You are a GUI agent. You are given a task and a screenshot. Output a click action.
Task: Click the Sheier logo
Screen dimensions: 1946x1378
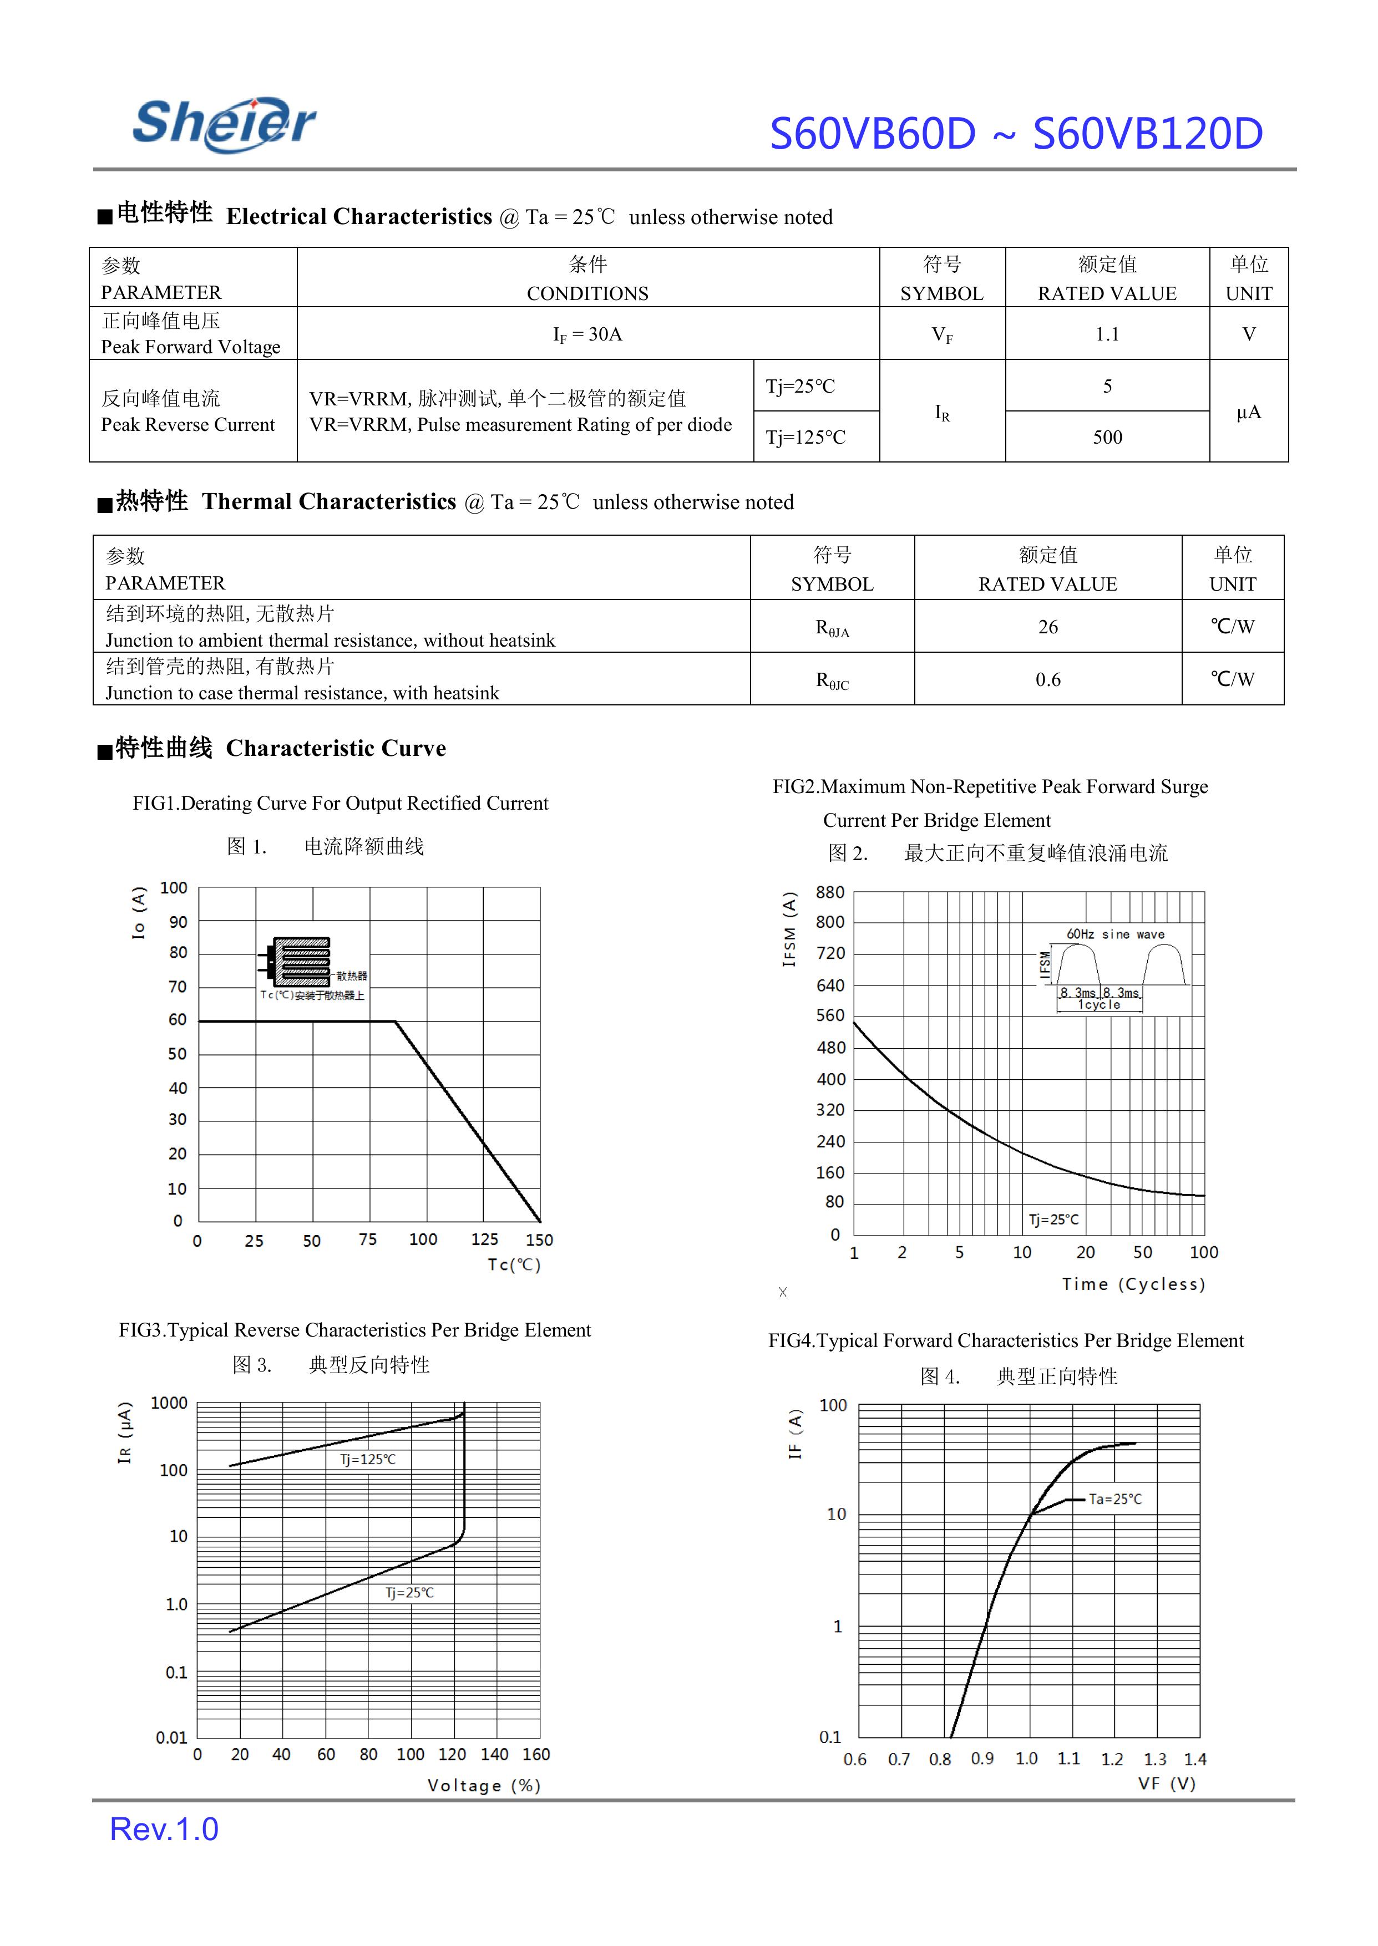pyautogui.click(x=224, y=125)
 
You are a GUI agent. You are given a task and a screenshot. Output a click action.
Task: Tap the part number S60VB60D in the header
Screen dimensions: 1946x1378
pyautogui.click(x=872, y=134)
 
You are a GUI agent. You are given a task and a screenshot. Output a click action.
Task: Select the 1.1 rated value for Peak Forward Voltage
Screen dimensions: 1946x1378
pyautogui.click(x=1107, y=334)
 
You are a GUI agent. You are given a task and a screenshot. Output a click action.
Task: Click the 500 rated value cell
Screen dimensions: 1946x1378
pyautogui.click(x=1107, y=437)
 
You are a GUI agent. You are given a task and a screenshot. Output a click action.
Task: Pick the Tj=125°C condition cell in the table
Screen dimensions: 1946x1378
pyautogui.click(x=805, y=437)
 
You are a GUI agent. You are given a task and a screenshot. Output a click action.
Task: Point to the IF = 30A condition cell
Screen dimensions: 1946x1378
pyautogui.click(x=587, y=334)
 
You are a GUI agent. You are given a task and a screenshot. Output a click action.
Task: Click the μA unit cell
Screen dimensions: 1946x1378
pyautogui.click(x=1248, y=412)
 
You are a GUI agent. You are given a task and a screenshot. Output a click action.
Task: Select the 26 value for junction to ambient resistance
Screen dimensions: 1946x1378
pyautogui.click(x=1048, y=627)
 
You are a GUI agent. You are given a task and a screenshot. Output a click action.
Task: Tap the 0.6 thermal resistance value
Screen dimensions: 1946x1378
pyautogui.click(x=1048, y=679)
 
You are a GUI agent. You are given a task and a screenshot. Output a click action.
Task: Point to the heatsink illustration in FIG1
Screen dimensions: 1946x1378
pyautogui.click(x=301, y=962)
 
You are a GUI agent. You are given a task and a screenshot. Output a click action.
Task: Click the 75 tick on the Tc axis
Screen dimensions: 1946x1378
pyautogui.click(x=367, y=1239)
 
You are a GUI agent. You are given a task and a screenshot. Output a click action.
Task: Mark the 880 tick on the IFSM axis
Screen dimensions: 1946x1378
pyautogui.click(x=830, y=892)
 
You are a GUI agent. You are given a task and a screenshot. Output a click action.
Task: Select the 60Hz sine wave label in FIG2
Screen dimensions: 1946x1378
pyautogui.click(x=1115, y=934)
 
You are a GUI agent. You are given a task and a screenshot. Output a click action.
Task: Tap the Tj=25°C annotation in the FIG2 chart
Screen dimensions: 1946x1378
pyautogui.click(x=1054, y=1219)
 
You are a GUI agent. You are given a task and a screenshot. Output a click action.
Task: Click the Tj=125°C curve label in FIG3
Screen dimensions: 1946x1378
pyautogui.click(x=367, y=1459)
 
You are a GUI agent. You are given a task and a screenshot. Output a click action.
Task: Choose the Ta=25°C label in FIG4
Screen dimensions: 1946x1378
pyautogui.click(x=1115, y=1499)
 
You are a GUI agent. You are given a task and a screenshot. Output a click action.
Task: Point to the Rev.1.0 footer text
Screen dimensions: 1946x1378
pyautogui.click(x=164, y=1830)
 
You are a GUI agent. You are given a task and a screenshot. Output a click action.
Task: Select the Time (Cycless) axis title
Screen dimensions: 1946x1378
pyautogui.click(x=1133, y=1283)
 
